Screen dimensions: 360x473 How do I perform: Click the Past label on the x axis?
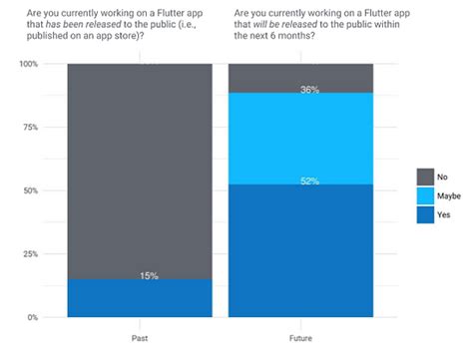point(140,339)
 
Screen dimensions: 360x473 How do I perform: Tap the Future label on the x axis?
point(300,339)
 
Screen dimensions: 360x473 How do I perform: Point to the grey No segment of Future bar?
point(300,76)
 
